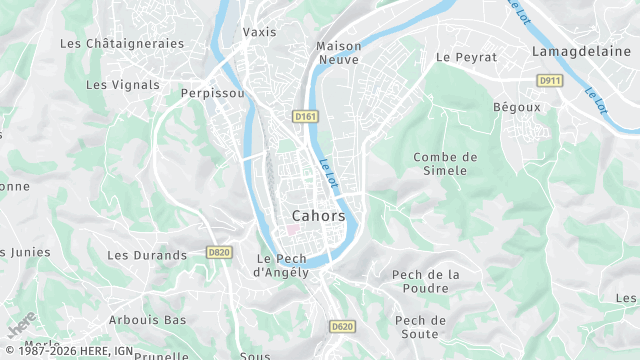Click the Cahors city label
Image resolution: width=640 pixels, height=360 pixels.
319,216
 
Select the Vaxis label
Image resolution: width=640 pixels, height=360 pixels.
259,32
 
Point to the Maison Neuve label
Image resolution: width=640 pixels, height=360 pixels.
338,53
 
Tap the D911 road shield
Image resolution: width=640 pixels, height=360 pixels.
549,80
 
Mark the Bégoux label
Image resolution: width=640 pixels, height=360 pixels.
517,106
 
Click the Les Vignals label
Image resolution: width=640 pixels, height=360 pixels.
123,85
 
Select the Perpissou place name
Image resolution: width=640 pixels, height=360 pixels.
213,93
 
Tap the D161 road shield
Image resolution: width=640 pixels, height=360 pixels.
306,117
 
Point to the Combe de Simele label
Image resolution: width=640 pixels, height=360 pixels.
445,164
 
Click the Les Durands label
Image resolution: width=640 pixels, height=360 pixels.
147,256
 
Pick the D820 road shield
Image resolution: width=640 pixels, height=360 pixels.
220,253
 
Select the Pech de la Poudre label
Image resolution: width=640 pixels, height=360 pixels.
425,282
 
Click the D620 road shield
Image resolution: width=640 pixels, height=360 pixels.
342,326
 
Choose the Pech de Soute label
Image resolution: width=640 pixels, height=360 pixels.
420,327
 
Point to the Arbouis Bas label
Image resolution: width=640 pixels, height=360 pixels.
148,320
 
